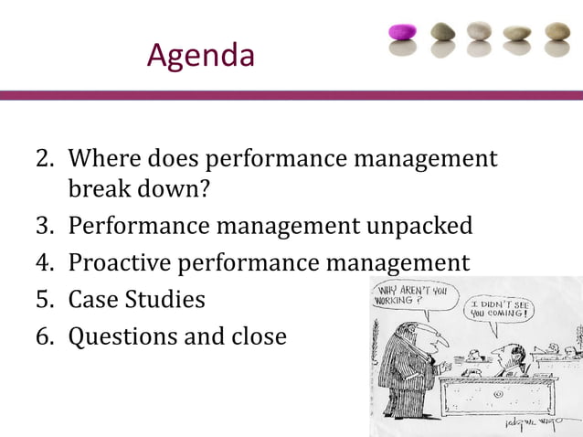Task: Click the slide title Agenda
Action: tap(200, 57)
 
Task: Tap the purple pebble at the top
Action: tap(402, 33)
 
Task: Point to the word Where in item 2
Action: tap(103, 159)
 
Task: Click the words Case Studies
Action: tap(137, 300)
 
